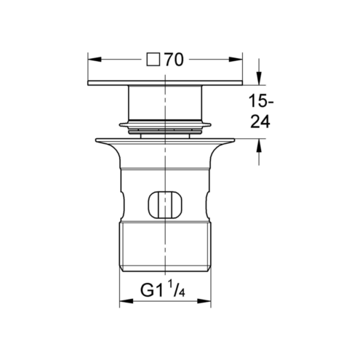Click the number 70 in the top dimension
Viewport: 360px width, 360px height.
[x=174, y=60]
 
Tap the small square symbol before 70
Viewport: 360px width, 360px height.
[x=153, y=60]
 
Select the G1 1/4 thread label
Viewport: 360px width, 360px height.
[x=163, y=289]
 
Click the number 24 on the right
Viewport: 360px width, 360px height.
[x=260, y=121]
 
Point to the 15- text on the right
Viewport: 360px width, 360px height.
[x=261, y=101]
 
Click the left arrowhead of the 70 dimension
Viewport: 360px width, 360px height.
[x=95, y=60]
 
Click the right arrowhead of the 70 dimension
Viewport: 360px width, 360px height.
[x=236, y=60]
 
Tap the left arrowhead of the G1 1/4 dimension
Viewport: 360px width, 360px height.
[x=127, y=301]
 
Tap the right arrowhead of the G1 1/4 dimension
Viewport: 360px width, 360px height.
[x=204, y=301]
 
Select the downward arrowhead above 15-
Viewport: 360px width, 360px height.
[x=259, y=78]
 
